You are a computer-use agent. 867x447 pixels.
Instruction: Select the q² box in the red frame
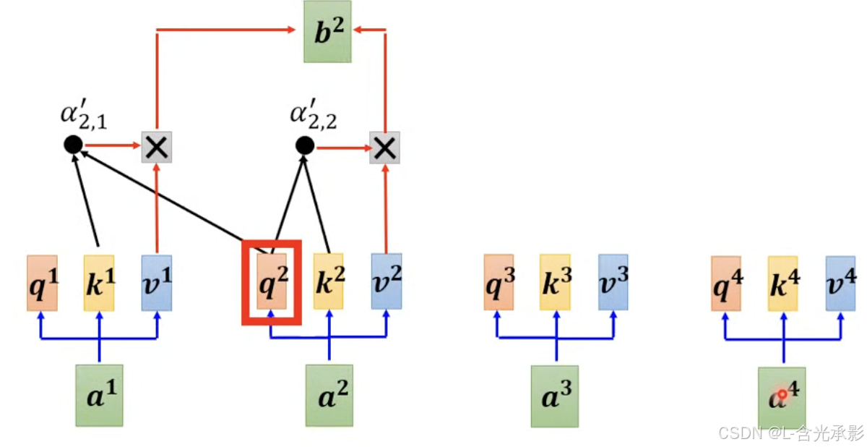click(272, 282)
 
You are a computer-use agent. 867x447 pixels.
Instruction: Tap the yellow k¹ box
click(99, 282)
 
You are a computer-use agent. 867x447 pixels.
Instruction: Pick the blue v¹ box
click(157, 282)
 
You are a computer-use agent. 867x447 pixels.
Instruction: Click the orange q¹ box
click(42, 282)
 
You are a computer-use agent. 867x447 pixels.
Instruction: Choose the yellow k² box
click(329, 282)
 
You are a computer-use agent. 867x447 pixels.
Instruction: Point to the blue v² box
click(387, 281)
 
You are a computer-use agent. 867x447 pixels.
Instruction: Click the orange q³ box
click(499, 282)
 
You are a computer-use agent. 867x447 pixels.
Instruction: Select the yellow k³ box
click(555, 282)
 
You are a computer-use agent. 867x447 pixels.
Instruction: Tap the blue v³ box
click(613, 282)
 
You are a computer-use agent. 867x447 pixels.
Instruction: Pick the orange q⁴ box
click(725, 283)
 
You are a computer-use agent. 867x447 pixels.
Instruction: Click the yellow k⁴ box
click(782, 283)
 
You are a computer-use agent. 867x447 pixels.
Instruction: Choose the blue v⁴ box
click(840, 283)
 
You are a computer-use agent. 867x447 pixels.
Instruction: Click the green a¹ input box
click(100, 395)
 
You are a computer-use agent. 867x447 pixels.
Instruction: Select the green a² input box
click(329, 395)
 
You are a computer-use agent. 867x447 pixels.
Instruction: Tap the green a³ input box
click(555, 396)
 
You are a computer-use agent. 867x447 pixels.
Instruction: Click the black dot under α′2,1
click(72, 145)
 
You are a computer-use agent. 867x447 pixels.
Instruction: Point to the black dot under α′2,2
click(304, 146)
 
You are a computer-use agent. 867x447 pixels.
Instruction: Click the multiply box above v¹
click(157, 148)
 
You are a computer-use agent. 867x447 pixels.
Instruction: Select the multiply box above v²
click(384, 148)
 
